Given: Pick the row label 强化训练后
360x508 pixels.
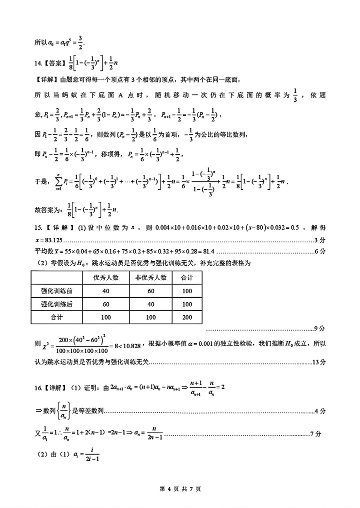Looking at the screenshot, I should pos(56,304).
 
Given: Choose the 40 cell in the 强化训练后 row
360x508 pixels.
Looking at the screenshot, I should pos(150,304).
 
